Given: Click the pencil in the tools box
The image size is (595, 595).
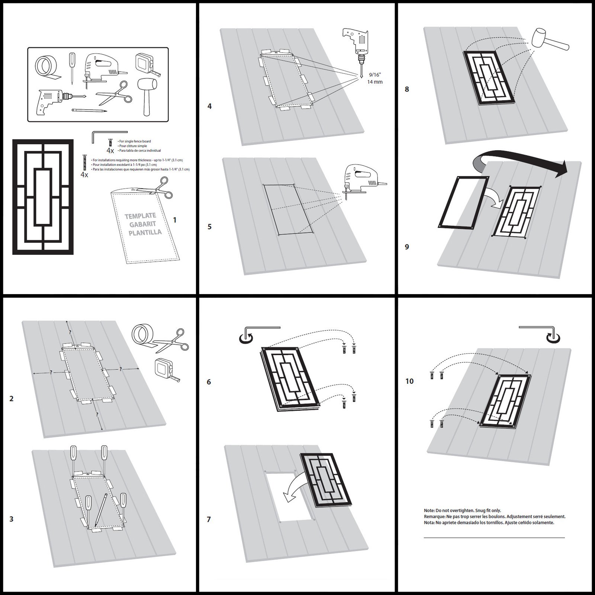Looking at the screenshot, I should click(89, 110).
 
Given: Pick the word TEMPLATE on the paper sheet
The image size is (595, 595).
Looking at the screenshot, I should click(140, 216).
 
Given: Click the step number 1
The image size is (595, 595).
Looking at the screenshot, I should click(175, 220).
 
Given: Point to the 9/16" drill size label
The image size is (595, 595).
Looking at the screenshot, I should click(374, 75).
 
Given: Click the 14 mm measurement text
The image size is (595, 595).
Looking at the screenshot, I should click(374, 82).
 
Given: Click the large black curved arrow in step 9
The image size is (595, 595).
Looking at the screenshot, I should click(521, 158).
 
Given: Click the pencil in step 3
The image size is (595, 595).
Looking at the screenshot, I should click(100, 509).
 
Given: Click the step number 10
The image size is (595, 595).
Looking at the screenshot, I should click(409, 381).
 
